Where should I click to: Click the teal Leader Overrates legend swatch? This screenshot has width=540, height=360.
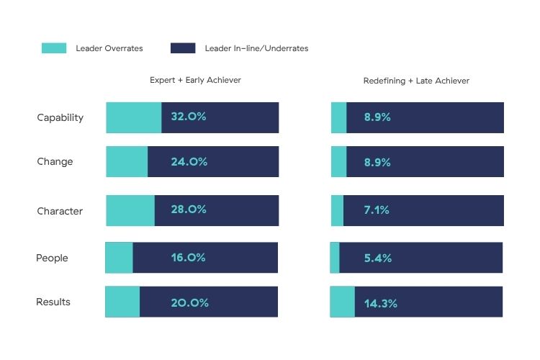click(x=54, y=48)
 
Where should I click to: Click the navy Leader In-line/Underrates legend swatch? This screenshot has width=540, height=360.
click(x=183, y=48)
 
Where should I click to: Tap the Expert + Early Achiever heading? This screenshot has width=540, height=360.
click(x=195, y=80)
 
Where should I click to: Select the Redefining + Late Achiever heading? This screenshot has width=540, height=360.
click(x=416, y=81)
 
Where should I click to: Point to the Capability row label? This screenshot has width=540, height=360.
click(x=60, y=117)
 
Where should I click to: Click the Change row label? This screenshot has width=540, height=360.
click(x=55, y=161)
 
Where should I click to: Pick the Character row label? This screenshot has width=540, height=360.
click(x=60, y=211)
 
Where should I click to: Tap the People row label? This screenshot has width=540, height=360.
click(x=52, y=258)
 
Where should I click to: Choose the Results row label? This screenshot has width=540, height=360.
click(x=53, y=302)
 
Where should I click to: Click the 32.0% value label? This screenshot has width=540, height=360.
click(x=189, y=117)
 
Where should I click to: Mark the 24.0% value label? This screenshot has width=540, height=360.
click(x=189, y=161)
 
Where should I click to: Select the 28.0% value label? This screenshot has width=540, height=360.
click(x=189, y=210)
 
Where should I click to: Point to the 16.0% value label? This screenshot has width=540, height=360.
click(x=189, y=257)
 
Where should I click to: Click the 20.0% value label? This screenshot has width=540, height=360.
click(x=189, y=302)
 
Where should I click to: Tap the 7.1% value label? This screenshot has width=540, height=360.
click(x=376, y=210)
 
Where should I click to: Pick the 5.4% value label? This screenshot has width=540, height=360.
click(x=377, y=257)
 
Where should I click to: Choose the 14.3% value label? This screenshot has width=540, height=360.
click(x=380, y=303)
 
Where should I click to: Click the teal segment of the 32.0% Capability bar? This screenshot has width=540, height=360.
click(x=133, y=117)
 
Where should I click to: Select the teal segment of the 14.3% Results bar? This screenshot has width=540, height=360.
click(x=342, y=302)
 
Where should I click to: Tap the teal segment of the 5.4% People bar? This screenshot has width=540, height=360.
click(x=335, y=257)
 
